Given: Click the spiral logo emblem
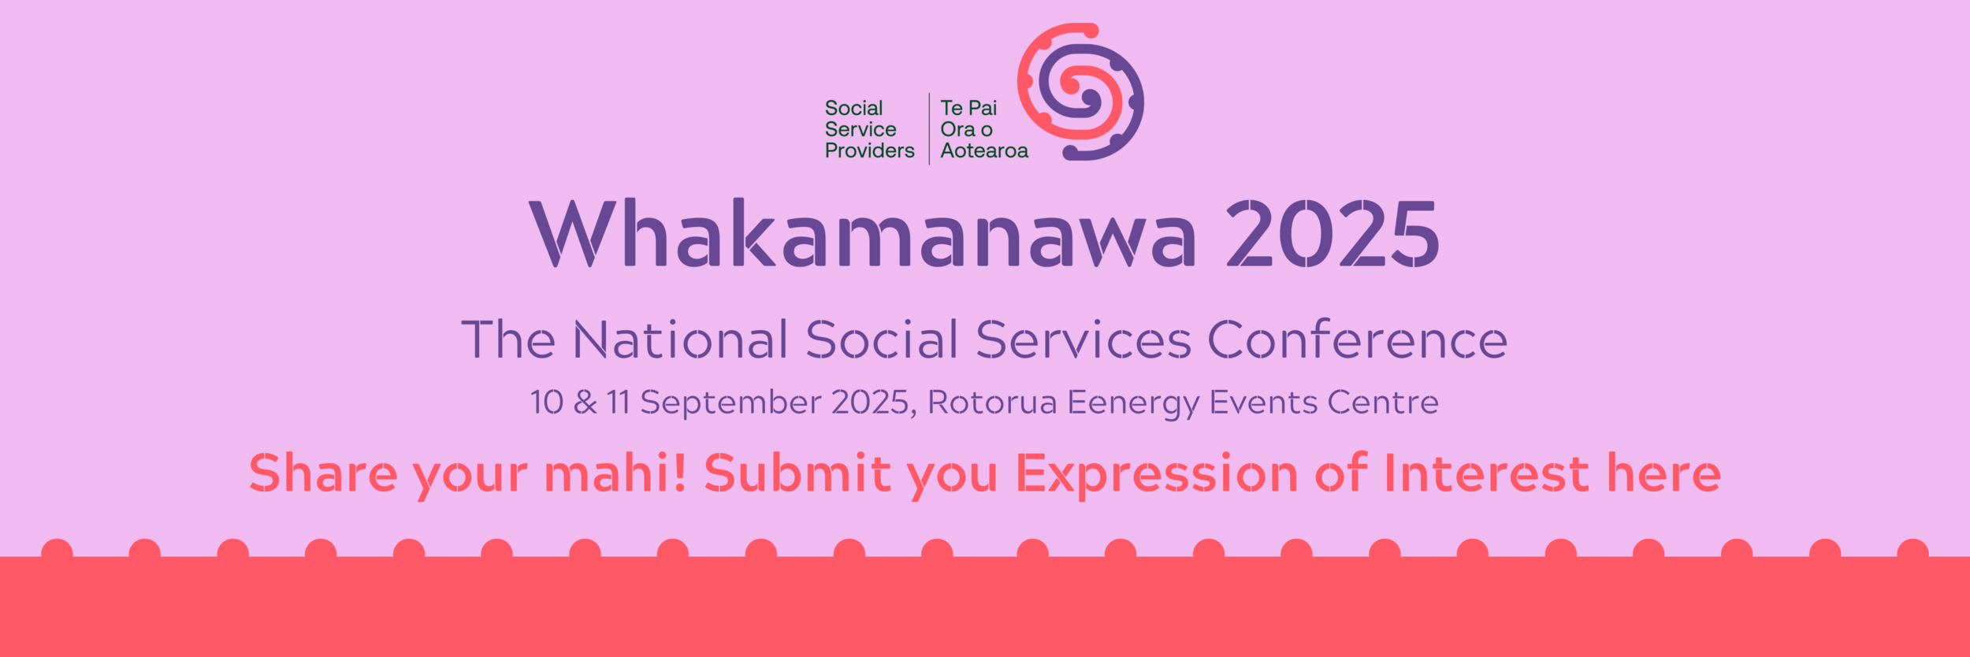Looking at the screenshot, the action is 1081,92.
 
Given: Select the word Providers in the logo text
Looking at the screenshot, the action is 869,150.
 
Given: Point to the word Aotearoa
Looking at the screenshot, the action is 984,150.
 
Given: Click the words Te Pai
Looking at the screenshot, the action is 968,108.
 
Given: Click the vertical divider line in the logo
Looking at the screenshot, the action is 929,128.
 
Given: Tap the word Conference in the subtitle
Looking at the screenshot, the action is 1358,340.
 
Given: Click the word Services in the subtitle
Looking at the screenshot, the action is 1083,340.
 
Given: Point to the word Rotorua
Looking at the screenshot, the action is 991,403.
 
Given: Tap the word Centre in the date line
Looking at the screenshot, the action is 1383,403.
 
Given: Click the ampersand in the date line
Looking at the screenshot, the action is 585,403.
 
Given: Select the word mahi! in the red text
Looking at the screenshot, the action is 615,473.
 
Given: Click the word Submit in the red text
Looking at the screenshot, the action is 797,473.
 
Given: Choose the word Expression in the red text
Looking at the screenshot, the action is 1156,475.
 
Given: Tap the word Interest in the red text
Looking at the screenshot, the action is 1486,473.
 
